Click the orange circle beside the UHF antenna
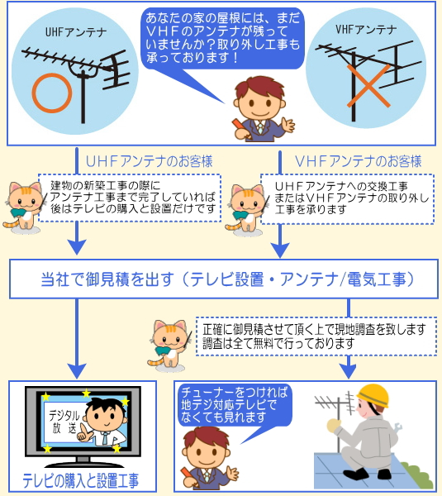click(x=34, y=93)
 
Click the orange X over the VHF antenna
click(x=368, y=86)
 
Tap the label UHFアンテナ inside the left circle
click(x=76, y=32)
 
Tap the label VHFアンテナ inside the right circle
click(x=366, y=30)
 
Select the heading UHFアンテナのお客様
click(x=150, y=161)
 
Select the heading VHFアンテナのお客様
click(x=359, y=161)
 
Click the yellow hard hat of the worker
click(x=373, y=395)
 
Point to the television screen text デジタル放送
click(x=64, y=422)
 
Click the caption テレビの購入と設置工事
click(x=81, y=480)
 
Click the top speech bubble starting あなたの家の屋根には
click(x=222, y=38)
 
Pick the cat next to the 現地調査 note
click(x=169, y=344)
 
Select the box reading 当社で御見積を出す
click(x=224, y=279)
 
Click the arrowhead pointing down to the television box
click(x=77, y=370)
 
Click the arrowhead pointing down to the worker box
click(x=348, y=370)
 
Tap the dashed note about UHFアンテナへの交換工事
click(x=347, y=199)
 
